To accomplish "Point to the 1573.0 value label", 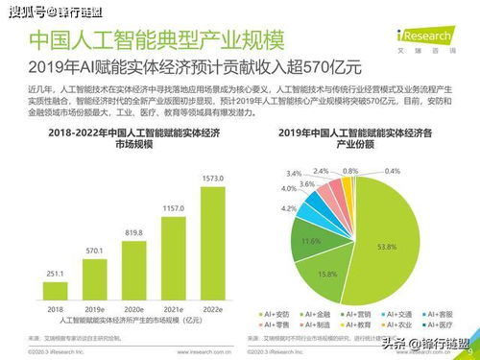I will [x=213, y=179].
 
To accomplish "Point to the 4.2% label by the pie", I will [x=288, y=207].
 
